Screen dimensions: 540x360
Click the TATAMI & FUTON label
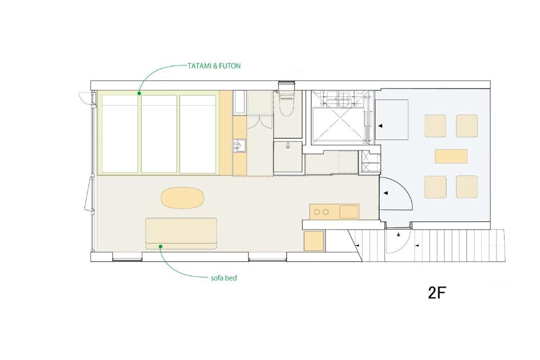214,66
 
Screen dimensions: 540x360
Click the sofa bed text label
224,277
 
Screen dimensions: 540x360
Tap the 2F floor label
437,293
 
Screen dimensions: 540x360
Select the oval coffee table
182,197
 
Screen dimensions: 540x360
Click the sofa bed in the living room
181,233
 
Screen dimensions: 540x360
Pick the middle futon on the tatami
159,133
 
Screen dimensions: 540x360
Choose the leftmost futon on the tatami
120,133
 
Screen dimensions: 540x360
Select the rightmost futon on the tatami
197,133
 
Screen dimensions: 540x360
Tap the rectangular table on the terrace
451,156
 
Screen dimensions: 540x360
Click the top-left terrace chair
435,126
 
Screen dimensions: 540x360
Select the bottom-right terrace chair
467,186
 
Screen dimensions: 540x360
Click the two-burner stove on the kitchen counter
322,212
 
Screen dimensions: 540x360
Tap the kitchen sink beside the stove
349,211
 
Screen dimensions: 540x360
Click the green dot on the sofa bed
160,246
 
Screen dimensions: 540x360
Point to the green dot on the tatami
139,93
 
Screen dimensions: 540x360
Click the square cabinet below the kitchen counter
313,241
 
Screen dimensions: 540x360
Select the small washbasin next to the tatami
239,146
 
